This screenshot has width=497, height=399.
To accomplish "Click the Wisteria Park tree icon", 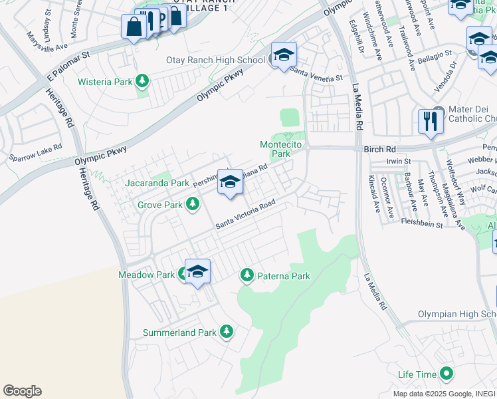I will pyautogui.click(x=142, y=82).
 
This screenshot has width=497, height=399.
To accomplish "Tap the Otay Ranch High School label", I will pyautogui.click(x=215, y=61).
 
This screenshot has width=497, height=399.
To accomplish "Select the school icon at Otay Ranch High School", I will pyautogui.click(x=284, y=55).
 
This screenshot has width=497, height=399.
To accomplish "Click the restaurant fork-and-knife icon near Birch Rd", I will pyautogui.click(x=431, y=121).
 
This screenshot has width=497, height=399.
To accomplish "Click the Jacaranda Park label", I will pyautogui.click(x=157, y=182).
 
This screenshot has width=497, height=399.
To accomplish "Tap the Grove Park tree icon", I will pyautogui.click(x=193, y=205).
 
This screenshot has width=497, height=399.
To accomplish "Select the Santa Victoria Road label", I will pyautogui.click(x=245, y=217).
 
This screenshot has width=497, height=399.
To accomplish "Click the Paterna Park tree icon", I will pyautogui.click(x=247, y=275).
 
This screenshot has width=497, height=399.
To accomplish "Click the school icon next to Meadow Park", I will pyautogui.click(x=197, y=271).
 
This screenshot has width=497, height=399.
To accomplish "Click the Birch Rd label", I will pyautogui.click(x=379, y=150).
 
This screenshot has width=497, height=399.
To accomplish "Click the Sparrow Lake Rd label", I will pyautogui.click(x=35, y=152).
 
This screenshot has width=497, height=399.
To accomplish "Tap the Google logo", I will pyautogui.click(x=22, y=391).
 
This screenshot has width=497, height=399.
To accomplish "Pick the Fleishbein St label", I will pyautogui.click(x=422, y=224).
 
